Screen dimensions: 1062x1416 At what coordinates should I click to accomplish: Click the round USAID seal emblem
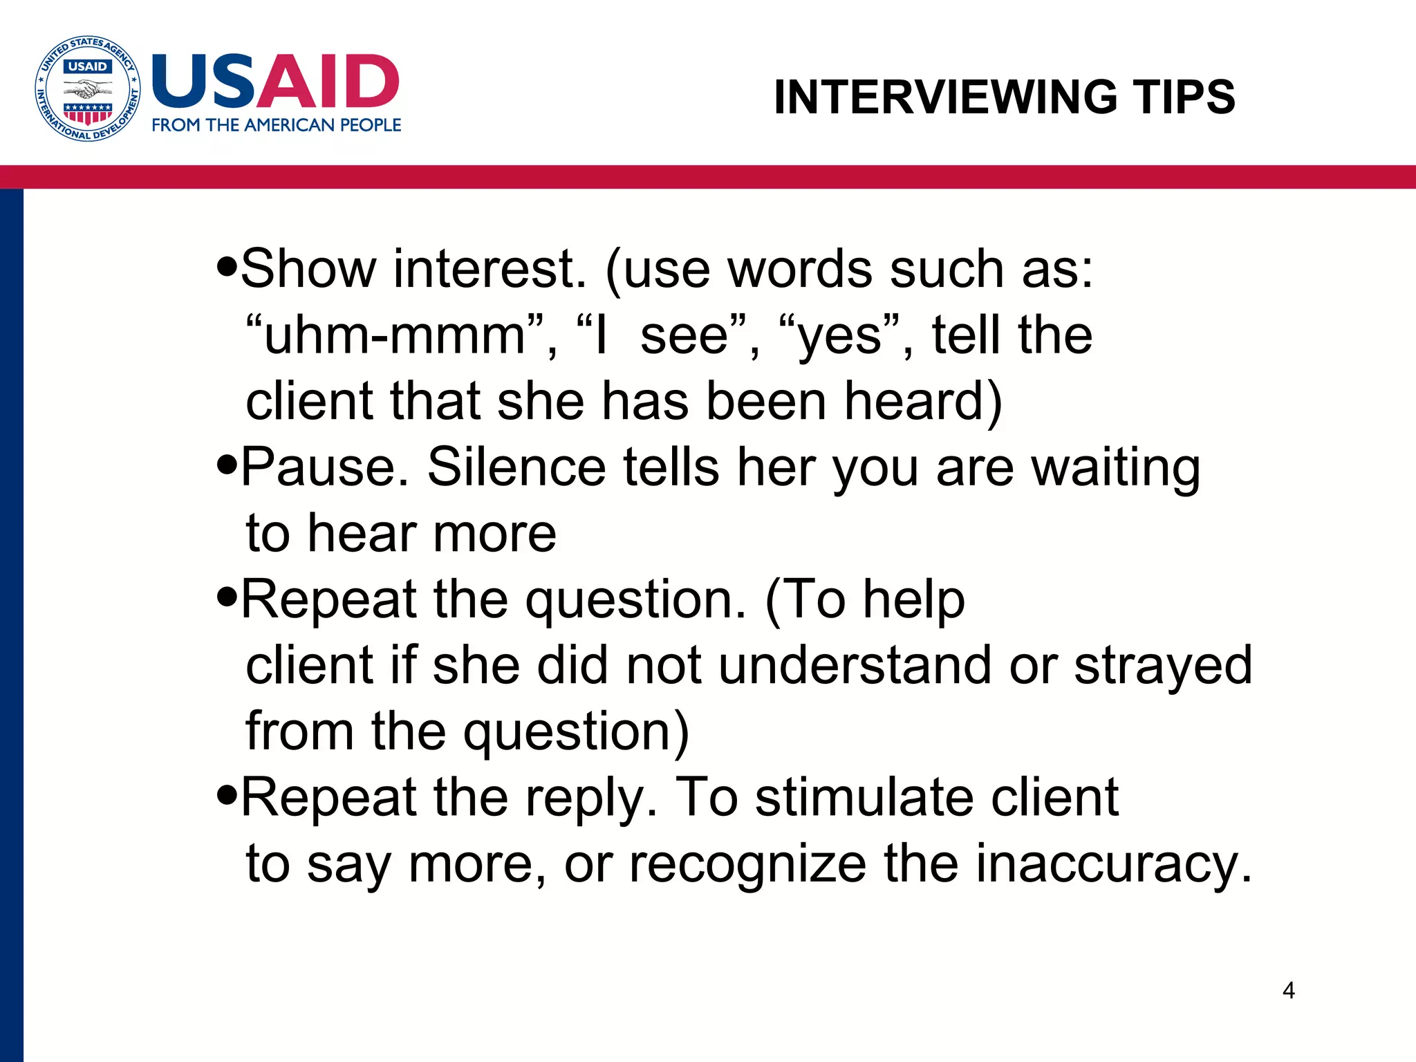click(88, 88)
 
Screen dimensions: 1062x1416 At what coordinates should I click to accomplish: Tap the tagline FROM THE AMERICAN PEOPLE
click(276, 125)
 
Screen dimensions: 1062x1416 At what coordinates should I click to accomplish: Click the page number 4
click(1288, 990)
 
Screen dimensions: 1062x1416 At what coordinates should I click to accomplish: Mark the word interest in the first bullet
click(490, 268)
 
